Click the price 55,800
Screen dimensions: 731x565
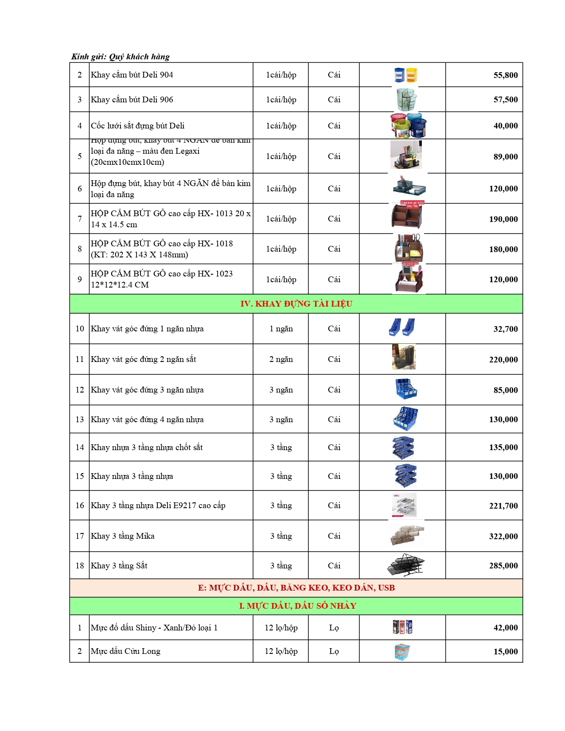pos(505,75)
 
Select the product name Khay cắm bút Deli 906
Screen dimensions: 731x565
pos(132,100)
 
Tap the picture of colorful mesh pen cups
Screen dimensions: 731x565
pos(408,125)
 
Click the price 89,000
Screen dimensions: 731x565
pos(505,157)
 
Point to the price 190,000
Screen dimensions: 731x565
pos(503,219)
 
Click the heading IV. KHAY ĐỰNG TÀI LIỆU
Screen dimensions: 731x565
pos(296,304)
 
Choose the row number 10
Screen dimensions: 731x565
pos(80,329)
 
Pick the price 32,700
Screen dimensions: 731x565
pos(505,329)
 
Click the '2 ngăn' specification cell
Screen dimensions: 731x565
pos(281,359)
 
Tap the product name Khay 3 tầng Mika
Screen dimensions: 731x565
pos(122,536)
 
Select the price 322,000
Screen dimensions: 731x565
pos(503,537)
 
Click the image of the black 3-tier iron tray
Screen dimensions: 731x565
pos(405,565)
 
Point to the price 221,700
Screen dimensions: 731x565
pos(503,506)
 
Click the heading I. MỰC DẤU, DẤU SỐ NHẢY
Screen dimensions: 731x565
pos(297,606)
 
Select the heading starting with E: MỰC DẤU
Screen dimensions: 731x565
pos(296,588)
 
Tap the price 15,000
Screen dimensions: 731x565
pos(505,652)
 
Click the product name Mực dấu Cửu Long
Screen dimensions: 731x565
pos(125,651)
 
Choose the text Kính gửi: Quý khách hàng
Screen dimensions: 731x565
pos(121,57)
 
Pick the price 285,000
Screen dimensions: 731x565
pos(503,566)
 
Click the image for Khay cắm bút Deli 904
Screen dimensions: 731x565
pos(406,75)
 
